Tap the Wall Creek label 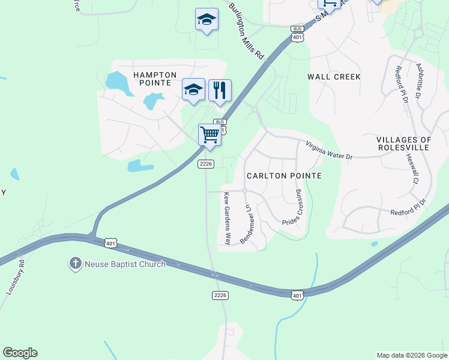334,77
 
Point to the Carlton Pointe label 284,176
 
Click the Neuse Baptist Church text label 124,264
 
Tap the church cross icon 75,263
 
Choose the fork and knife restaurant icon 220,90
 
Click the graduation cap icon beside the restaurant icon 193,89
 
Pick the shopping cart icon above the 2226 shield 209,134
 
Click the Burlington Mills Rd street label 246,30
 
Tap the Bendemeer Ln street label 247,223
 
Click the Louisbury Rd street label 15,277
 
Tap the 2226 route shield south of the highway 220,295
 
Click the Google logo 20,353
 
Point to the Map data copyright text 412,355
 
